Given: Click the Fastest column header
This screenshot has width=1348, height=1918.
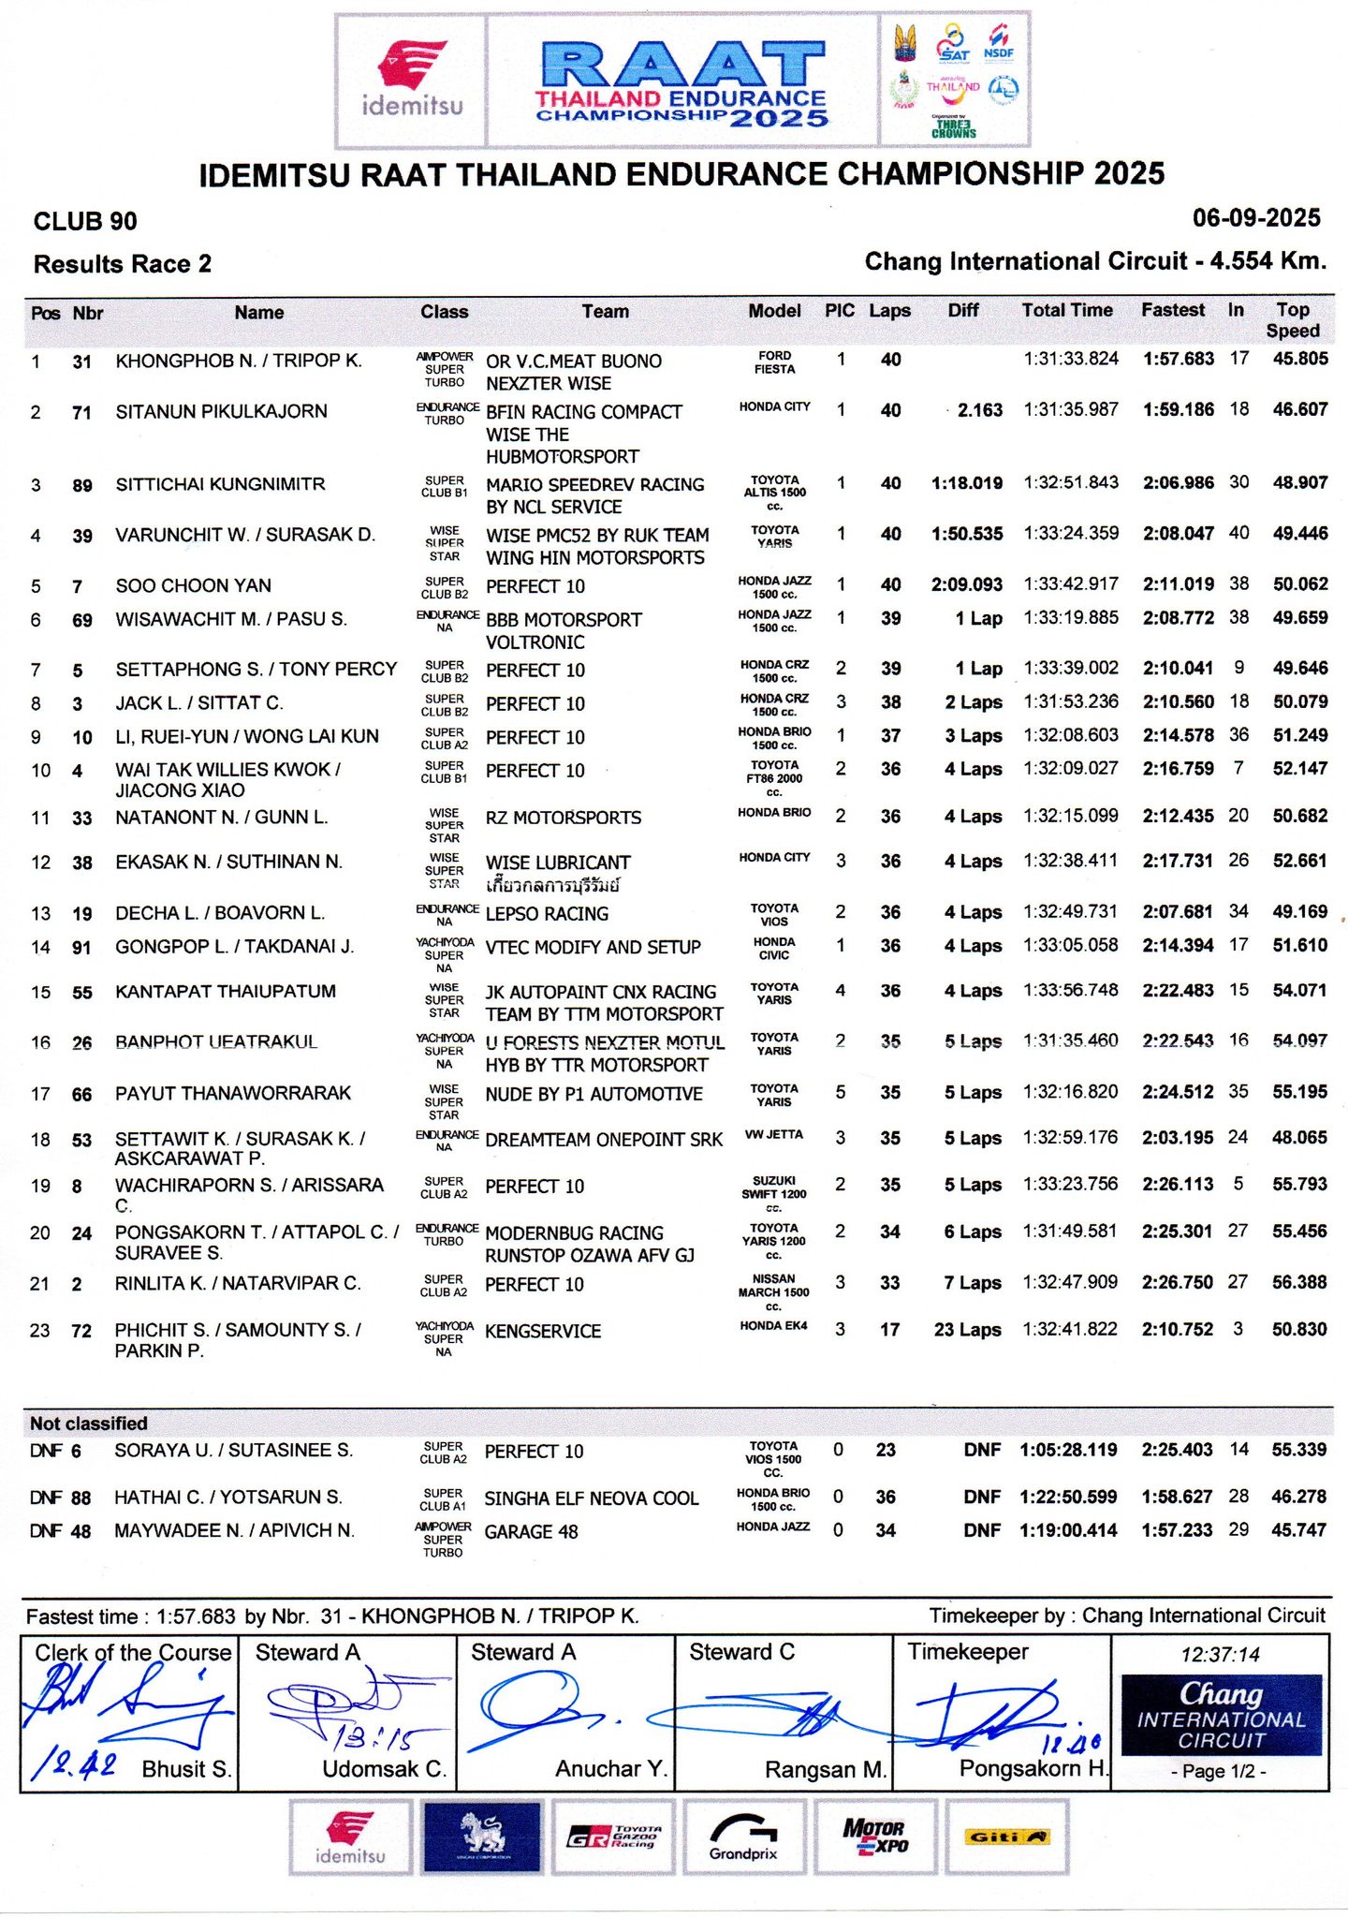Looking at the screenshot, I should [x=1172, y=310].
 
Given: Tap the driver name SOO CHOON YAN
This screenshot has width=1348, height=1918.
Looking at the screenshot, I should [x=193, y=586].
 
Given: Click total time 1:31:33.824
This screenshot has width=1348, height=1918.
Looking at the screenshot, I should [x=1071, y=359].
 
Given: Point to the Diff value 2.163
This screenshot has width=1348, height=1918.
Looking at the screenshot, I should [x=979, y=410].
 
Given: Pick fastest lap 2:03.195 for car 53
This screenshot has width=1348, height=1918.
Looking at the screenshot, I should [x=1177, y=1138].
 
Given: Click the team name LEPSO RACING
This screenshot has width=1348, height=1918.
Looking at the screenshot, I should [x=547, y=914].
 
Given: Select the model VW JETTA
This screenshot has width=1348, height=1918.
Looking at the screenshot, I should [x=773, y=1135].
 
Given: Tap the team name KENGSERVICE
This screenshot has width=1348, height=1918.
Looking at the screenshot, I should [x=543, y=1332].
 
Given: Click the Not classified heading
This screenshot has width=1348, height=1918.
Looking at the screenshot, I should [x=89, y=1424].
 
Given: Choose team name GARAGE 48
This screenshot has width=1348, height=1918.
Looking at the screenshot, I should [x=531, y=1532].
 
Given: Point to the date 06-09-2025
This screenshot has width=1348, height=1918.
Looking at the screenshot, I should [x=1255, y=218].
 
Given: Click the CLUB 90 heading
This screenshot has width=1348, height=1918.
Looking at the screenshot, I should [x=85, y=222].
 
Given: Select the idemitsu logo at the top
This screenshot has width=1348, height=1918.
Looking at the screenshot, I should [x=412, y=81].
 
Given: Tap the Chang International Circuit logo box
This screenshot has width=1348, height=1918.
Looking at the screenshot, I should [x=1221, y=1716].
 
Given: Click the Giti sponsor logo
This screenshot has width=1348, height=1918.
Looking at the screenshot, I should [x=1006, y=1837].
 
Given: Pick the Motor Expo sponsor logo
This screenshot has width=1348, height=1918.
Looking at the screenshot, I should [x=874, y=1837].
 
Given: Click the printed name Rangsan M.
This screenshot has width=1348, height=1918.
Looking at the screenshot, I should [x=825, y=1770].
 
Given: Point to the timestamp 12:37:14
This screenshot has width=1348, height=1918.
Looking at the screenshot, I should [x=1220, y=1655].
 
